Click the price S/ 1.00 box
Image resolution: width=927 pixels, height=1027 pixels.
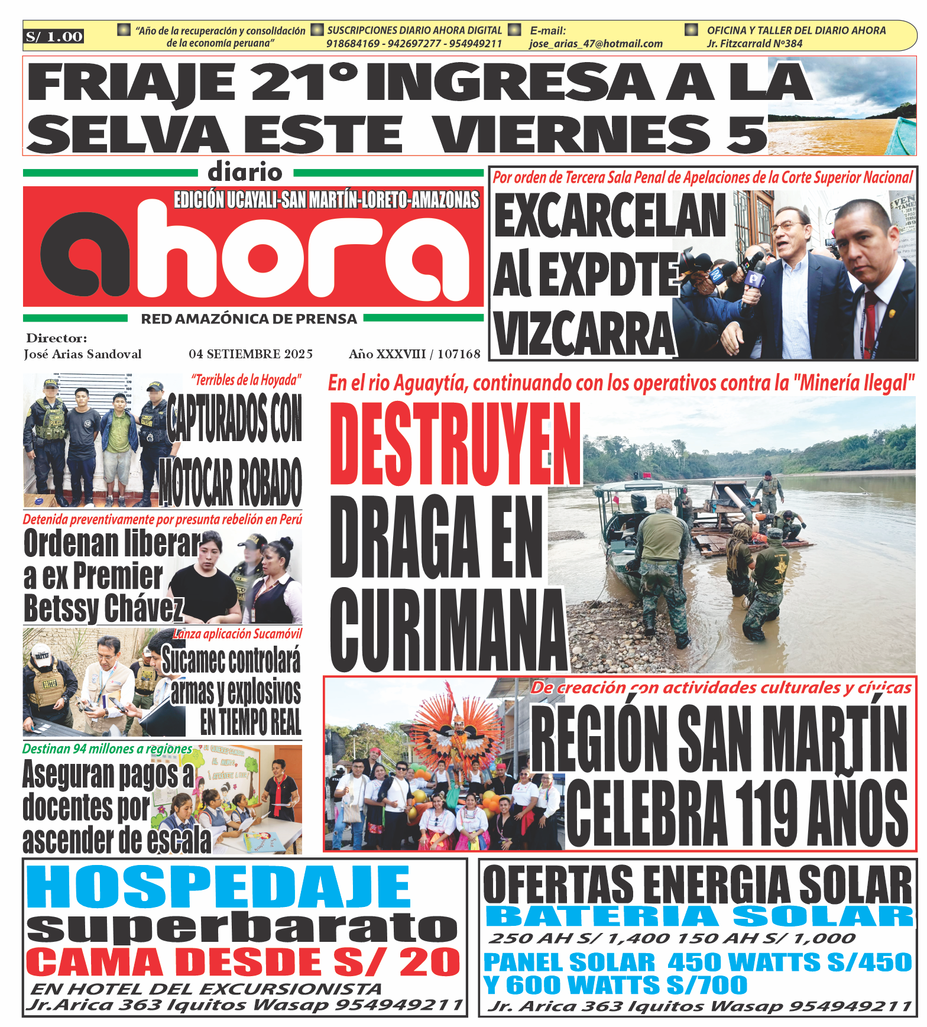pyautogui.click(x=54, y=37)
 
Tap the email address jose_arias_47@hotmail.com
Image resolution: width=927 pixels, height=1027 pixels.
pyautogui.click(x=595, y=44)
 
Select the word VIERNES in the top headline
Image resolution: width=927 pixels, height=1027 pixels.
pyautogui.click(x=571, y=134)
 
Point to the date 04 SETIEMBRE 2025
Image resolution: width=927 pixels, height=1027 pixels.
pyautogui.click(x=251, y=354)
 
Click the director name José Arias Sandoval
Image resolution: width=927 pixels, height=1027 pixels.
pyautogui.click(x=83, y=354)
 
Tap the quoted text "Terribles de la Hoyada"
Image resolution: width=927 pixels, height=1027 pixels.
pyautogui.click(x=246, y=380)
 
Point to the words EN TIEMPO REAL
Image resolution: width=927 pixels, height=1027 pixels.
pyautogui.click(x=251, y=721)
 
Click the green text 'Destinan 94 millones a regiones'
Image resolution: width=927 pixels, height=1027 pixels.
pyautogui.click(x=107, y=749)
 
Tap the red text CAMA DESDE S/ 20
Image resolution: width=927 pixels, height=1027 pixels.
pyautogui.click(x=243, y=962)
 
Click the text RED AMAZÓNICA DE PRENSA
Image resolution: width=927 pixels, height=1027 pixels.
pyautogui.click(x=249, y=319)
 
